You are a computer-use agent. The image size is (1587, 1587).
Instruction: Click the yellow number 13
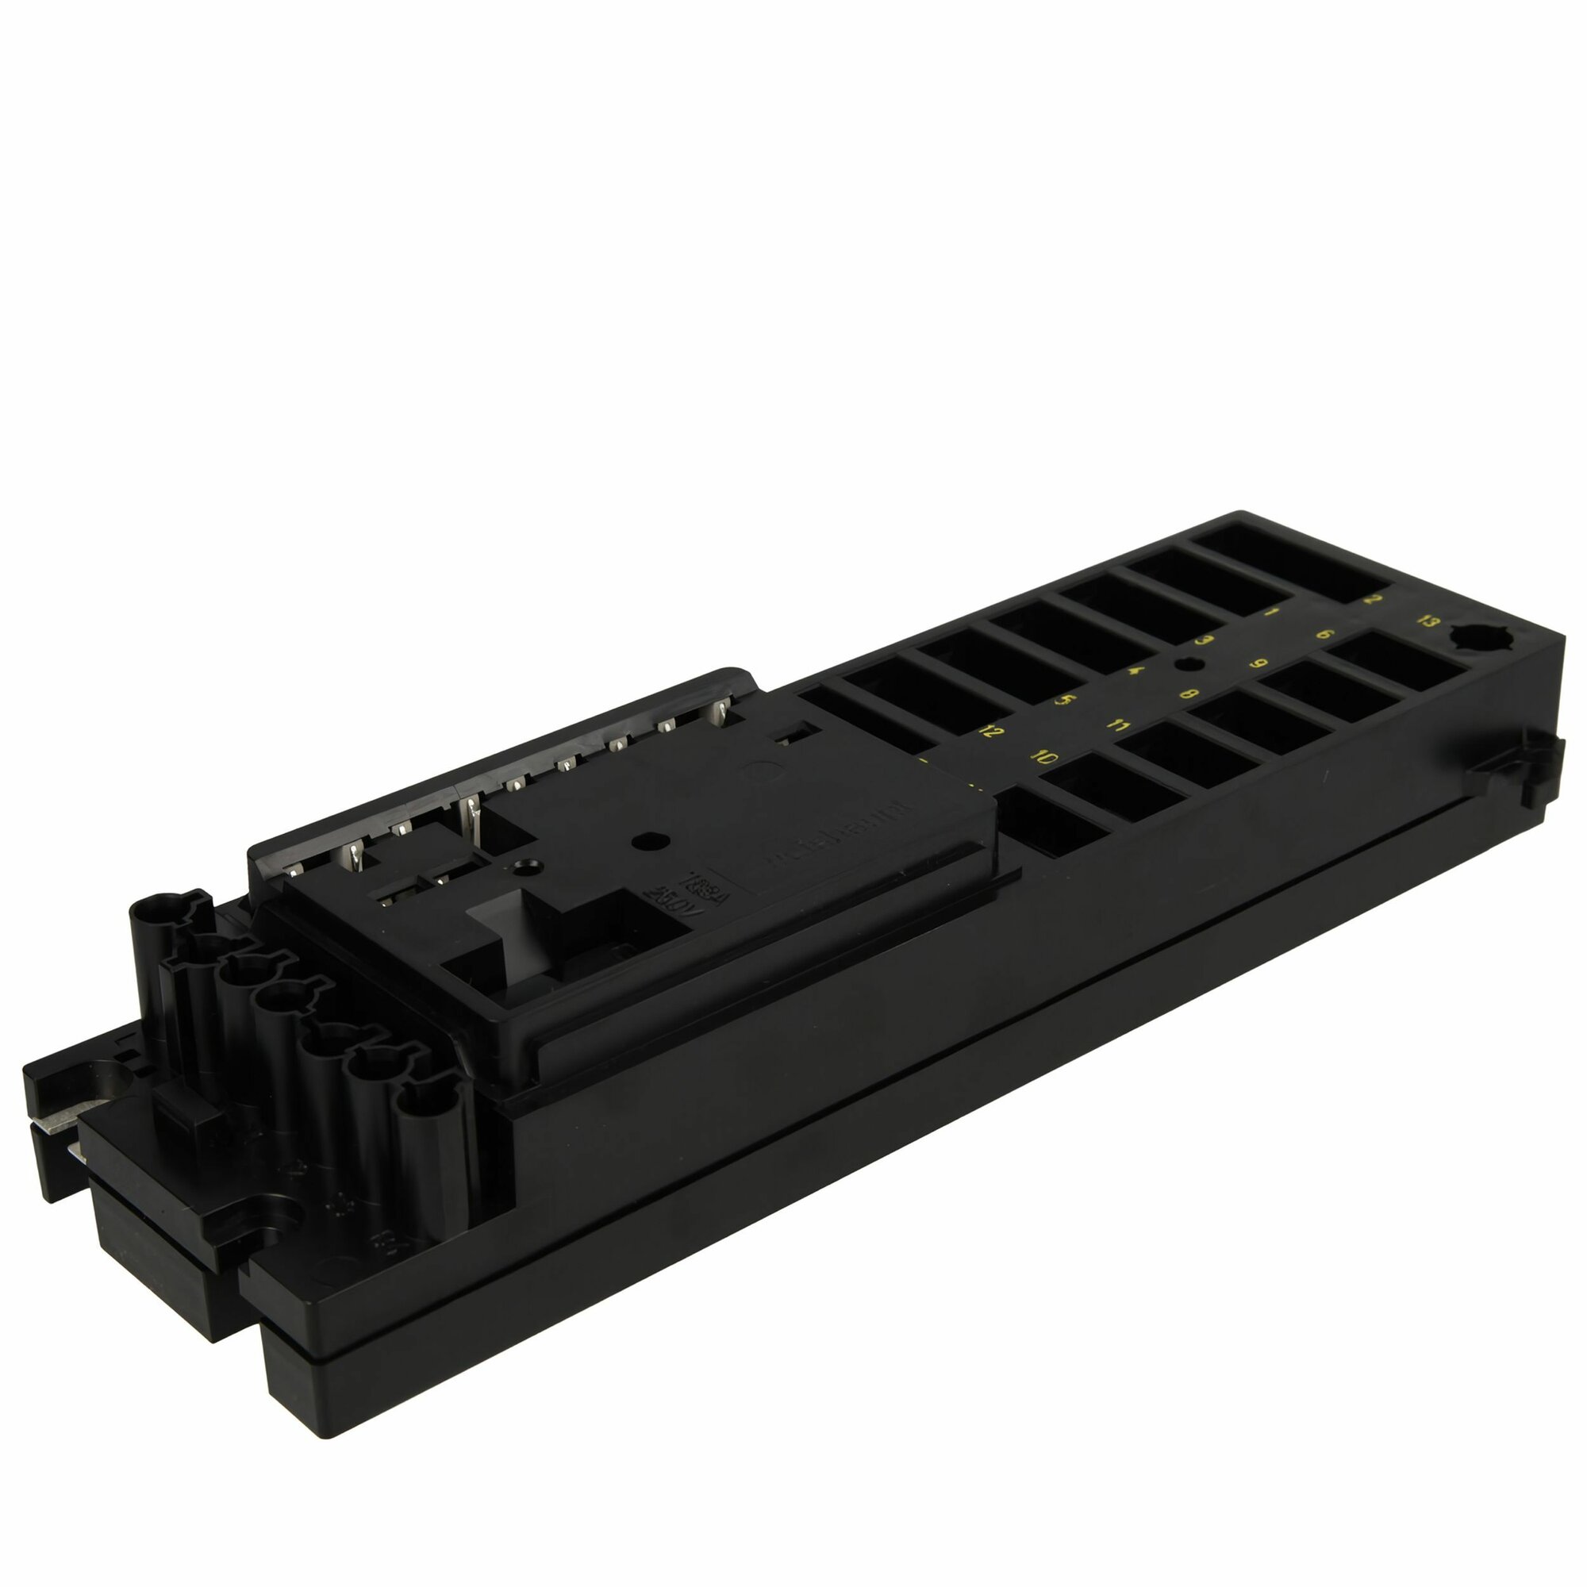click(x=1429, y=621)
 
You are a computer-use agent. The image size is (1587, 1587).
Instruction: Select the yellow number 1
click(x=1271, y=613)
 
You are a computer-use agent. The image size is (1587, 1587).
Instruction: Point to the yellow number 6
click(x=1324, y=634)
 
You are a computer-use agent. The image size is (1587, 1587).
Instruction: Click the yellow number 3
click(x=1205, y=640)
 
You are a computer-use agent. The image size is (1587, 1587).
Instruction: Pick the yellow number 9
click(x=1258, y=663)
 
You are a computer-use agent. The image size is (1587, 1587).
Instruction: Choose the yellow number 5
click(x=1065, y=701)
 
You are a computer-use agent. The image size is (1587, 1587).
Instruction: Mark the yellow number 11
click(x=1117, y=724)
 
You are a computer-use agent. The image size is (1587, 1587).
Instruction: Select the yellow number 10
click(x=1043, y=756)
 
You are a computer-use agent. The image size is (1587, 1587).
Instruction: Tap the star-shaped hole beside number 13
click(x=1474, y=636)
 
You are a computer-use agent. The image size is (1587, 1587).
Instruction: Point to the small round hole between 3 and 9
click(x=1184, y=663)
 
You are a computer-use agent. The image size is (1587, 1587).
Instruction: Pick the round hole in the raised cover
click(x=649, y=841)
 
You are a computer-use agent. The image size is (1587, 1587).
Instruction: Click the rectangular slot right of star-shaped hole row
click(x=1397, y=662)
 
